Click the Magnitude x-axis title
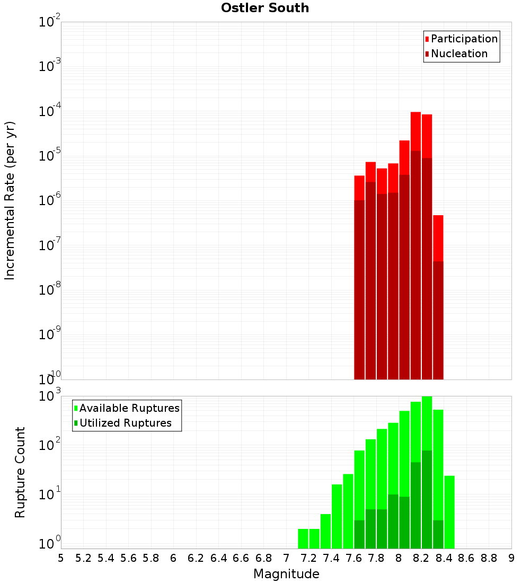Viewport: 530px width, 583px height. tap(286, 574)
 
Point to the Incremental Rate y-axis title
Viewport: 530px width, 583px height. tap(10, 200)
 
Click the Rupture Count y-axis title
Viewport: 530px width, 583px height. tap(20, 472)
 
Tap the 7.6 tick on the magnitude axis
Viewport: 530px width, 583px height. tap(354, 558)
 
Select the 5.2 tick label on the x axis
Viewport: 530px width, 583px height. tap(83, 558)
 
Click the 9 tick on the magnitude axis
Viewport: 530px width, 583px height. tap(511, 558)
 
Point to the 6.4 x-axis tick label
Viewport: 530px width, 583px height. tap(218, 558)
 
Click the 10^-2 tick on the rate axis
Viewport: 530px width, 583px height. tap(50, 22)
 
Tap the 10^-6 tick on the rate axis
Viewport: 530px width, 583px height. tap(50, 200)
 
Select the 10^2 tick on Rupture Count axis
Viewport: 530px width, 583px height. tap(50, 445)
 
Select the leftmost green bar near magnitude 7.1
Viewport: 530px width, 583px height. tap(303, 538)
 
